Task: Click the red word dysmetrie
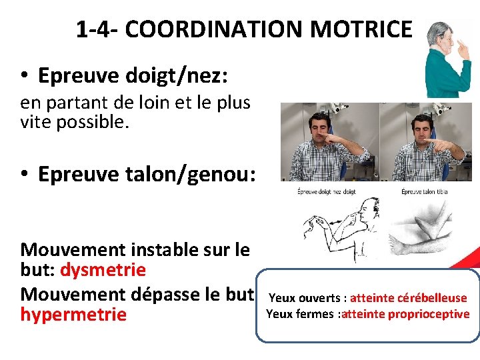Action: (103, 270)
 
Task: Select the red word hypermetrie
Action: (73, 314)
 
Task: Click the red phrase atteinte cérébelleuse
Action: (408, 298)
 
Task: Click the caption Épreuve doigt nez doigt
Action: (326, 192)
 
